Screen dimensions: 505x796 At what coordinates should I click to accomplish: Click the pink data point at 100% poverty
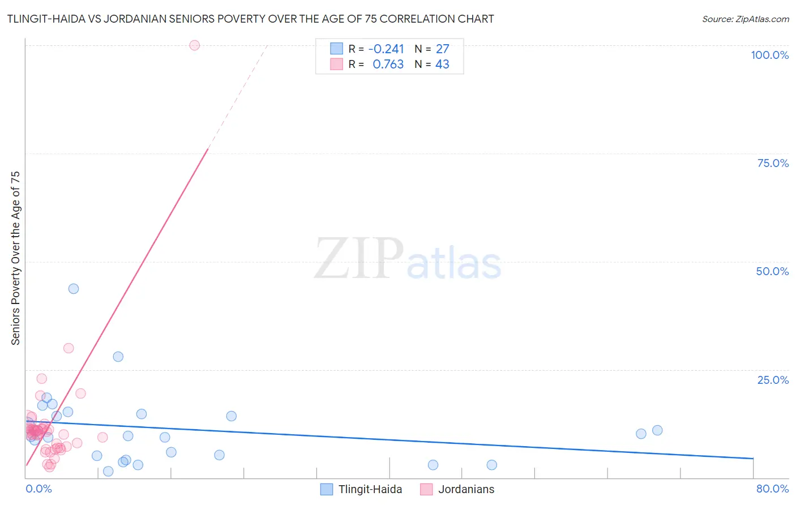point(194,45)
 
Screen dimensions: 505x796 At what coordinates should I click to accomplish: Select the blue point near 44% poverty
point(74,289)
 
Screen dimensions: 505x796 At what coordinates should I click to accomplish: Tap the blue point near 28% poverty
point(118,357)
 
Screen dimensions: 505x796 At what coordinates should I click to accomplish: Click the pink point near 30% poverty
point(69,348)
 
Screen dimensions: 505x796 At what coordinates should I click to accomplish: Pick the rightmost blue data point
point(657,430)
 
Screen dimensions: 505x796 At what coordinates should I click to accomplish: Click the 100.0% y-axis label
point(769,55)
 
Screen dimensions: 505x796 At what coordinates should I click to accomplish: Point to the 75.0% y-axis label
point(773,163)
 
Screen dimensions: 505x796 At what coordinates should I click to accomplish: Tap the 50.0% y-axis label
point(772,271)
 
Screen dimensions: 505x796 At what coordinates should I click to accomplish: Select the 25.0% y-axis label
point(773,380)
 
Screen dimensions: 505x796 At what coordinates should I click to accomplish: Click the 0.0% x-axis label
point(38,489)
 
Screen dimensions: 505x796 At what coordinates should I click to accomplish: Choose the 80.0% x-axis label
point(772,489)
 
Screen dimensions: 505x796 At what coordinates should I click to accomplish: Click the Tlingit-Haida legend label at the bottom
point(370,489)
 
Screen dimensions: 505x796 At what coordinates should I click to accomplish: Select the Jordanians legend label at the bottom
point(466,489)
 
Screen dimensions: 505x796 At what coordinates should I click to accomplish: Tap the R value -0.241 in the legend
point(386,49)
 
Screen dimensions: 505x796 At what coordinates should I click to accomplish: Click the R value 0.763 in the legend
point(388,65)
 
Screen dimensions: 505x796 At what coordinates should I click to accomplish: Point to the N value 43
point(442,65)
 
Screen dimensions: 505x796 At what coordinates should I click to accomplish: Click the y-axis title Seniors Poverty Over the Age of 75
point(16,258)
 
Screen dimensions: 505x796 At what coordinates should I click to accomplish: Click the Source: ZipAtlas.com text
point(745,19)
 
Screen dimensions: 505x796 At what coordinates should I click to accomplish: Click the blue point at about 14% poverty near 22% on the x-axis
point(232,416)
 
